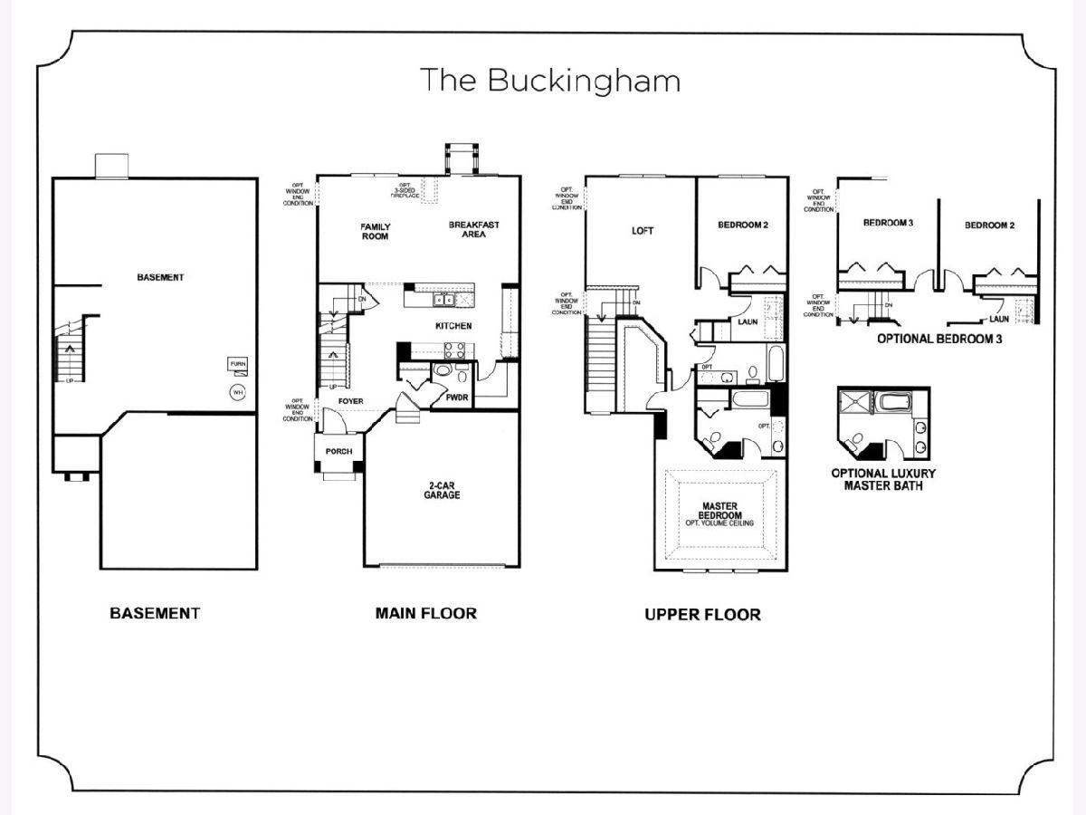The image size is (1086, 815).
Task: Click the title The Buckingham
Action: pyautogui.click(x=550, y=81)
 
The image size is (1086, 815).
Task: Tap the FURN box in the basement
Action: pyautogui.click(x=238, y=364)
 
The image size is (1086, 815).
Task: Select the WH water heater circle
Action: pyautogui.click(x=238, y=392)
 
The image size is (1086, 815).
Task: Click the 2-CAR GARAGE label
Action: pyautogui.click(x=443, y=490)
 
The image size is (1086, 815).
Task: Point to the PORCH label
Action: pyautogui.click(x=338, y=451)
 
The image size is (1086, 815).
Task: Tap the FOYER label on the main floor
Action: pyautogui.click(x=350, y=399)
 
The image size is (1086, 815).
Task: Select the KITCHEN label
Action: pyautogui.click(x=453, y=325)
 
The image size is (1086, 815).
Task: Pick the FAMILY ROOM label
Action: pyautogui.click(x=375, y=231)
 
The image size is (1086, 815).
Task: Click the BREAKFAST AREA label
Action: pyautogui.click(x=473, y=229)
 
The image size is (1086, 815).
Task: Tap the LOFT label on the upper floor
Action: pyautogui.click(x=642, y=231)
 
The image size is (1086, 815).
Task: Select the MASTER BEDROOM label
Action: pyautogui.click(x=719, y=511)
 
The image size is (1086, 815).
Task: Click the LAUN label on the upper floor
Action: pyautogui.click(x=748, y=321)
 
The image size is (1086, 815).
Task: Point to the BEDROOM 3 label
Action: pyautogui.click(x=888, y=223)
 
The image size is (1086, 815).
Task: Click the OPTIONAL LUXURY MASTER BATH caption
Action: pyautogui.click(x=883, y=479)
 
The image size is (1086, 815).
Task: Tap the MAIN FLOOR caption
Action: pyautogui.click(x=425, y=613)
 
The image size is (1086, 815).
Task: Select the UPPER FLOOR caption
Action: pyautogui.click(x=702, y=615)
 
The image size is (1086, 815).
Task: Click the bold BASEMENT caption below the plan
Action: pyautogui.click(x=155, y=613)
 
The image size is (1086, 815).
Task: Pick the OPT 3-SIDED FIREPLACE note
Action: pyautogui.click(x=405, y=191)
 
